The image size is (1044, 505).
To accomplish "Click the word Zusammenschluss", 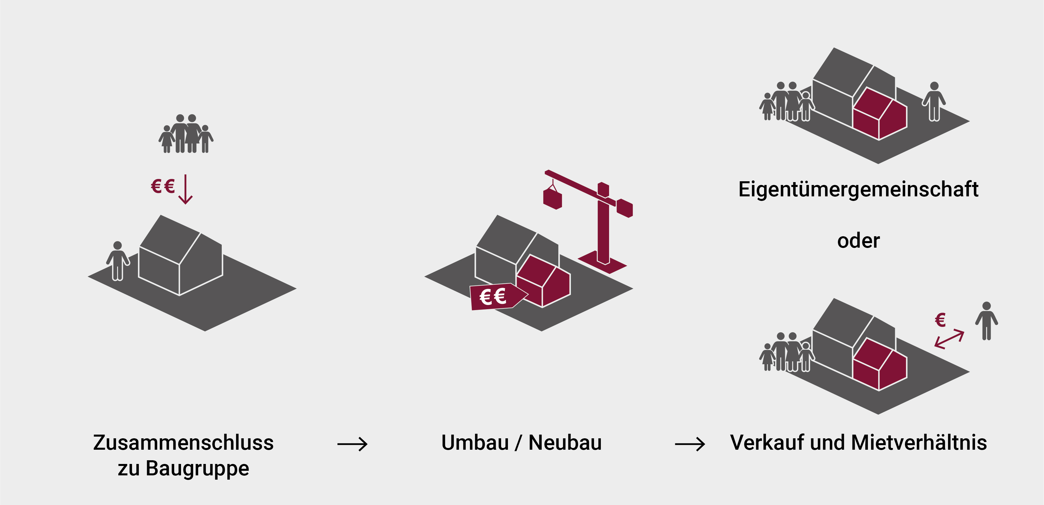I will click(x=183, y=443).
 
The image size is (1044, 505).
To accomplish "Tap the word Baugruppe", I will click(x=198, y=469).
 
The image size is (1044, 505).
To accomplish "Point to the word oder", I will click(x=858, y=241).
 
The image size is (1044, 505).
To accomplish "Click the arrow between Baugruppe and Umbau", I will click(x=352, y=445).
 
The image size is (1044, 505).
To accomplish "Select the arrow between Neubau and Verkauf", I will click(x=690, y=445).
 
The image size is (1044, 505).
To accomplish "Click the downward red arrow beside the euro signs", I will click(x=185, y=189).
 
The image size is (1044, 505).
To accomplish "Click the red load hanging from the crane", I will click(x=552, y=199).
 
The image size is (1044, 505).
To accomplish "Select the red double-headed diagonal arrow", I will click(x=949, y=339).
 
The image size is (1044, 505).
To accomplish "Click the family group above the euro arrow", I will click(x=186, y=134).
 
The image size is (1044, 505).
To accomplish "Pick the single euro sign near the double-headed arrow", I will click(x=940, y=320).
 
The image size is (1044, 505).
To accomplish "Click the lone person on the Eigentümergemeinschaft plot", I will click(x=934, y=101).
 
